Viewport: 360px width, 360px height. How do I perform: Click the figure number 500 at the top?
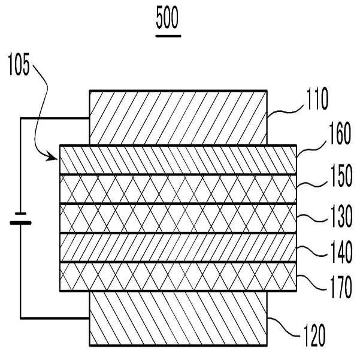(168, 20)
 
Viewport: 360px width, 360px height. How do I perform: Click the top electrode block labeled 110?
(178, 117)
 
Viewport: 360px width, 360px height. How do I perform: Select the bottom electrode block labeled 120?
(178, 319)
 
